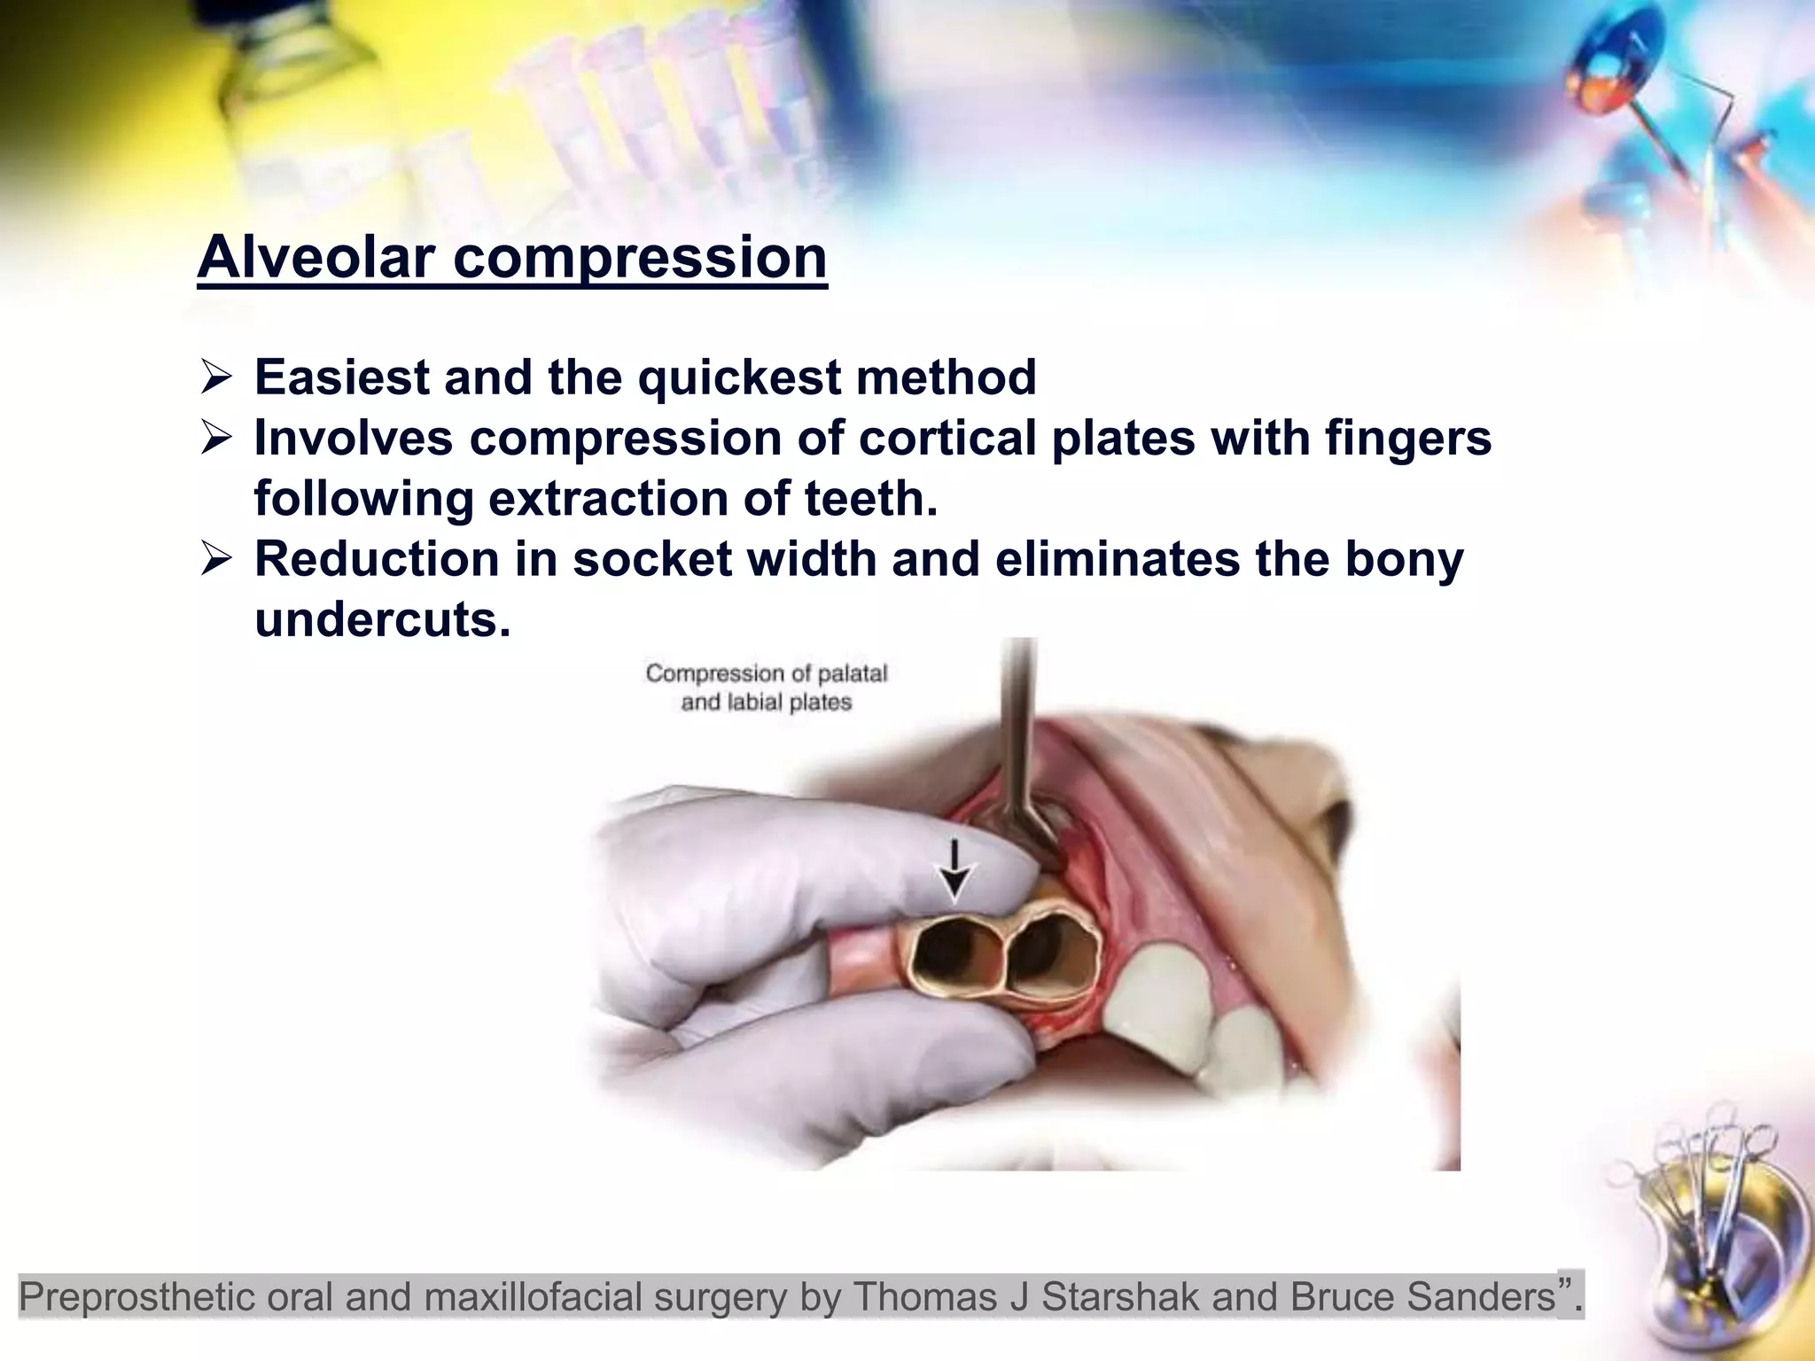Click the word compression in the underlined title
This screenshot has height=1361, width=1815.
click(x=640, y=259)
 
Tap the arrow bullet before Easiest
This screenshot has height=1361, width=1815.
click(x=215, y=378)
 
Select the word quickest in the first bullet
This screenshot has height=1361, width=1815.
click(x=738, y=377)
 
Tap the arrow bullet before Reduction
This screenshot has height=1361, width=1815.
click(x=215, y=560)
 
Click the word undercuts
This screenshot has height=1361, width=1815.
click(x=382, y=618)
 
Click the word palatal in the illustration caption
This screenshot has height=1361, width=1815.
click(x=851, y=673)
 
